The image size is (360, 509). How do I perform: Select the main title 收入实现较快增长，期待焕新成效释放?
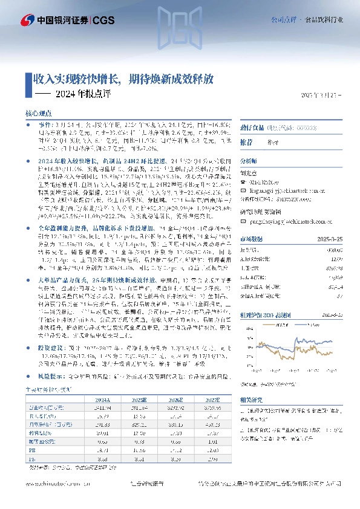click(x=123, y=79)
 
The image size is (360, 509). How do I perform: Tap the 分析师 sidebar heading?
click(x=249, y=161)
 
